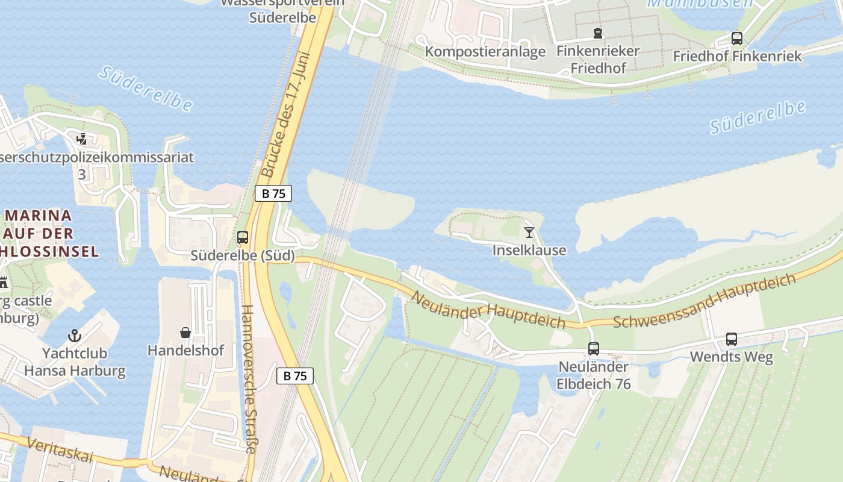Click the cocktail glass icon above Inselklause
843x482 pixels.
point(529,232)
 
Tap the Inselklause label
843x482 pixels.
point(529,250)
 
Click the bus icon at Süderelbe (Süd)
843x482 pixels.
point(243,237)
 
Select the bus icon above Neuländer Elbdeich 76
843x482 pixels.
point(594,348)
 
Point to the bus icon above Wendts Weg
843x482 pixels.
point(732,339)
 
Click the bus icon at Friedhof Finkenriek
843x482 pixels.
point(737,39)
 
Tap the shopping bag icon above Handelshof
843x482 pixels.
point(185,332)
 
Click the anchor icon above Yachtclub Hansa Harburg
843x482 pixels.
point(75,335)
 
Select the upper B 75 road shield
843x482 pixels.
point(273,193)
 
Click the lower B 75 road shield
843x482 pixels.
point(295,376)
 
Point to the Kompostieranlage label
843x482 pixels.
point(485,52)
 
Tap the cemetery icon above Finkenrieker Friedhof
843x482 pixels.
point(597,33)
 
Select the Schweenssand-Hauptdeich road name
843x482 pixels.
point(705,300)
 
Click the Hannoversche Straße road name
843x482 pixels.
point(249,379)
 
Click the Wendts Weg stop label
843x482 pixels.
point(731,357)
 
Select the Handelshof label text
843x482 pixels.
point(185,350)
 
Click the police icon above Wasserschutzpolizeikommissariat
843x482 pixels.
point(82,140)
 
